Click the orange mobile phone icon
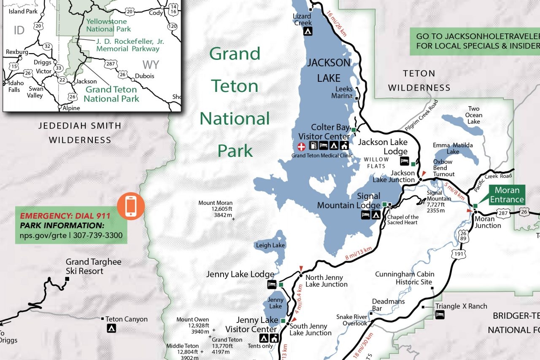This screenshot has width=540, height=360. coord(131,206)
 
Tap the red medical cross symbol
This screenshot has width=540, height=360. coord(302,146)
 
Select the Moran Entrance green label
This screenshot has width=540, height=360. coord(507,195)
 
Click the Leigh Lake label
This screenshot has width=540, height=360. coord(270,245)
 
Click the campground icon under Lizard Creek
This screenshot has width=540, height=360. coord(308,31)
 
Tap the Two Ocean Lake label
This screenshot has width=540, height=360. coord(473,115)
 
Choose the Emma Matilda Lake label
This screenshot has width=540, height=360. coord(453,148)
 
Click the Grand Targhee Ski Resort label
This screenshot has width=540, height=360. coord(93,266)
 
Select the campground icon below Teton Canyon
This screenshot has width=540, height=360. coord(111,328)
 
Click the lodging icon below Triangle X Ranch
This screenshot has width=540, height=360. coord(440,315)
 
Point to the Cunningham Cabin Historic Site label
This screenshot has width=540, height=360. coord(405,278)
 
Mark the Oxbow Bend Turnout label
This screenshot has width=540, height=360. coord(443,168)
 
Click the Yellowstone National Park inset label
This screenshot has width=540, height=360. coord(108,25)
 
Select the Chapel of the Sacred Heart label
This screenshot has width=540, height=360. coord(403,220)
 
